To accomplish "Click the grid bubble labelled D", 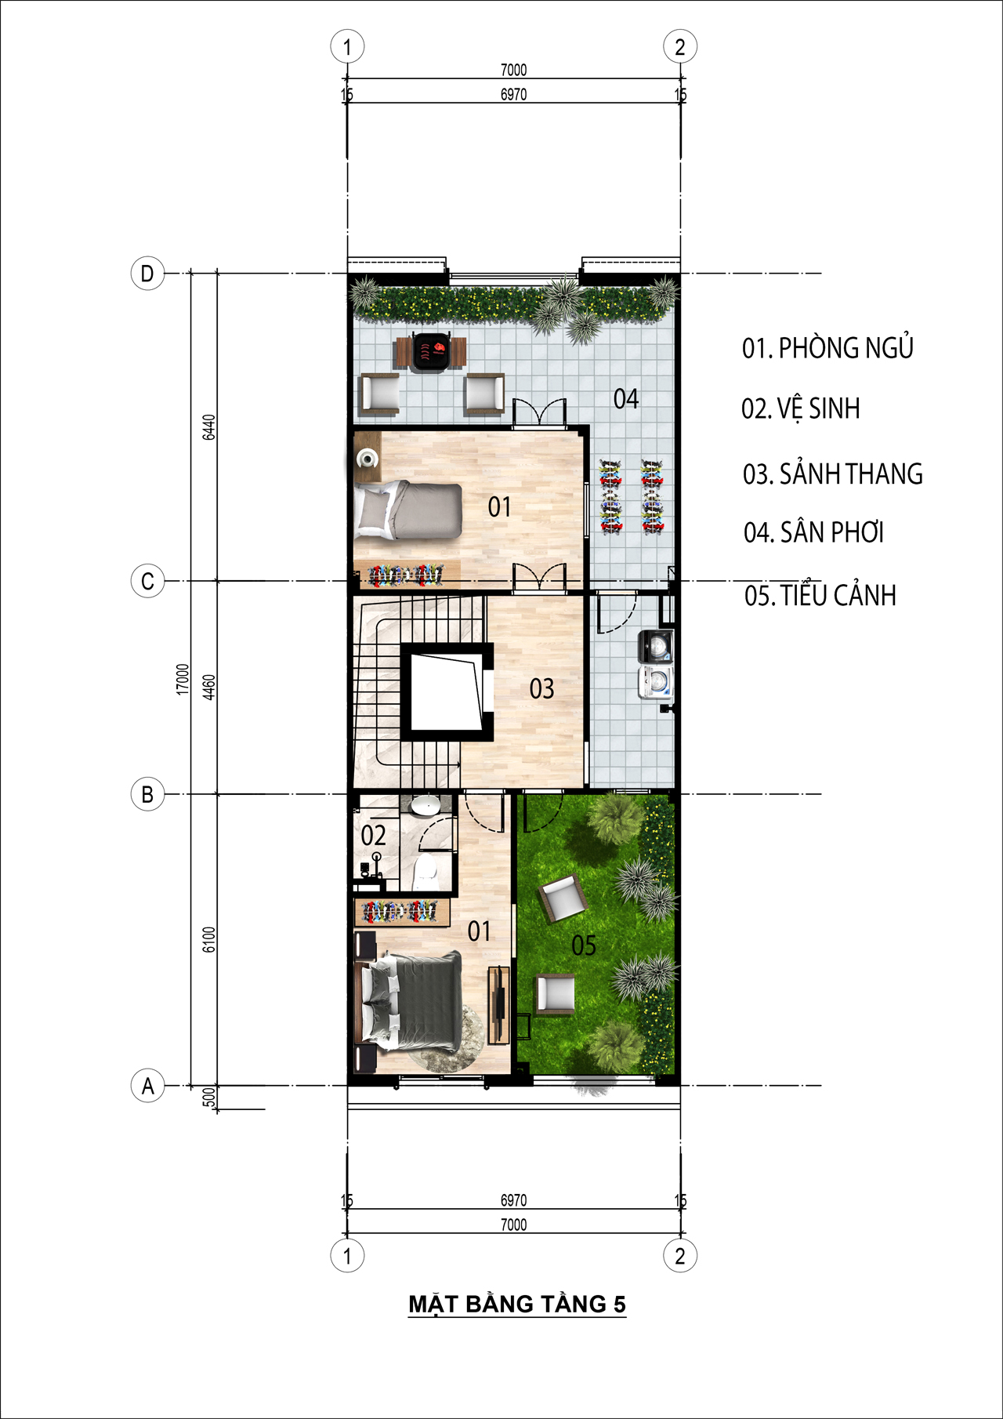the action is (147, 274).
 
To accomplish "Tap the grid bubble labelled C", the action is (147, 582).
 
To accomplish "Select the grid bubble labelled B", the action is (147, 794).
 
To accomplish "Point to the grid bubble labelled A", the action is (147, 1087).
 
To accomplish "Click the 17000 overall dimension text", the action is (183, 679).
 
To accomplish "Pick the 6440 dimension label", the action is (208, 427).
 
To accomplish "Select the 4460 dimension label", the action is (208, 688).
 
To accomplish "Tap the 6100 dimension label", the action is (208, 939).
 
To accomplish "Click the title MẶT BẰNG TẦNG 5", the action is (517, 1304).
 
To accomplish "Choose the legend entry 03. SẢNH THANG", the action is (832, 474).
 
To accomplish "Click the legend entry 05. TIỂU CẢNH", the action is (820, 595).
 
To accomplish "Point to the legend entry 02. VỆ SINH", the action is (800, 408).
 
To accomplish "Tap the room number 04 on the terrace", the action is (626, 399).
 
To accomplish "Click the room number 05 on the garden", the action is (584, 945).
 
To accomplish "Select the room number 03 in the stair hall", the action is (541, 689).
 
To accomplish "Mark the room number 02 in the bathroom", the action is (373, 836).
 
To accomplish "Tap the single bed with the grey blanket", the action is (408, 510).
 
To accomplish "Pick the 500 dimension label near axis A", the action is (208, 1098).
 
